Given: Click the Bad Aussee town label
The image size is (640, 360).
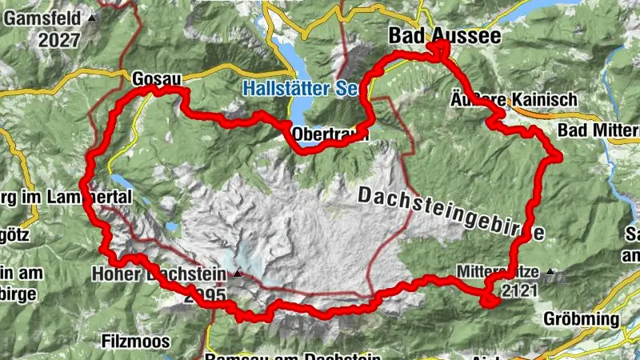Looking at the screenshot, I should pyautogui.click(x=444, y=36).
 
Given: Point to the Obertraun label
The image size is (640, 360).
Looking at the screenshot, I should pyautogui.click(x=330, y=134).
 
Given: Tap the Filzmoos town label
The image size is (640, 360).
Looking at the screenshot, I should pyautogui.click(x=136, y=342).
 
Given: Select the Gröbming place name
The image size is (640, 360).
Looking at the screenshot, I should pyautogui.click(x=582, y=318).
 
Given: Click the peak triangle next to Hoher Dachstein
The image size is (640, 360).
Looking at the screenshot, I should pyautogui.click(x=238, y=274).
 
